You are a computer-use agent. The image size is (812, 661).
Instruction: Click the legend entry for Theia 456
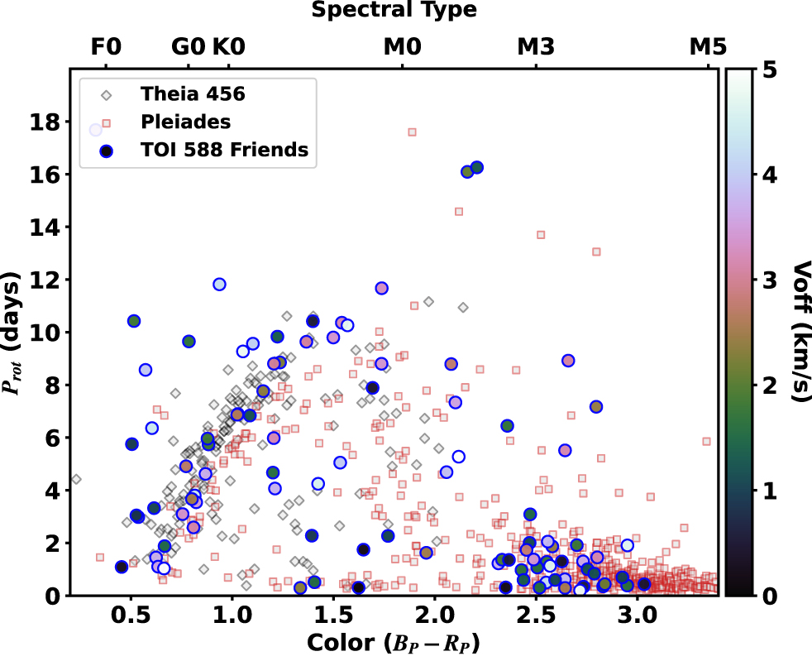click(x=192, y=93)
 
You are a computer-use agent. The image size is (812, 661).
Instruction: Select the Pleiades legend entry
click(x=184, y=122)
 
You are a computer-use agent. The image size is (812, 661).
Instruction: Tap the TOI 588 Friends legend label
click(x=224, y=150)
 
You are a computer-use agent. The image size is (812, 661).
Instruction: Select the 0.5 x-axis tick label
click(x=128, y=618)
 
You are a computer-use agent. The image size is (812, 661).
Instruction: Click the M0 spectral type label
click(x=402, y=47)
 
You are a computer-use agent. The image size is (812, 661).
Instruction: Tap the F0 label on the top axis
click(x=106, y=47)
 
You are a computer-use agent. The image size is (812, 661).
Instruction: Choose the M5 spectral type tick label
click(x=708, y=47)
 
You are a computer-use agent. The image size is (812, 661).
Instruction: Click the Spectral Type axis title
click(x=394, y=11)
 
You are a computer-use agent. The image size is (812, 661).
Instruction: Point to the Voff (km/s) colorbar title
click(x=797, y=332)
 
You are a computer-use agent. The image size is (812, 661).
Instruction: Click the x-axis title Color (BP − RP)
click(x=394, y=643)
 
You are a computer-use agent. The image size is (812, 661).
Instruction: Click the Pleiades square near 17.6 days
click(x=412, y=132)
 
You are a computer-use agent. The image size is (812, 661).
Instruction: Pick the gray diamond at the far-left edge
click(x=76, y=479)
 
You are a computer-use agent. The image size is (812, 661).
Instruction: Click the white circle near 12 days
click(x=219, y=285)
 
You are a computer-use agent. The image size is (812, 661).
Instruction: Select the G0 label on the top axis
click(x=188, y=47)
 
